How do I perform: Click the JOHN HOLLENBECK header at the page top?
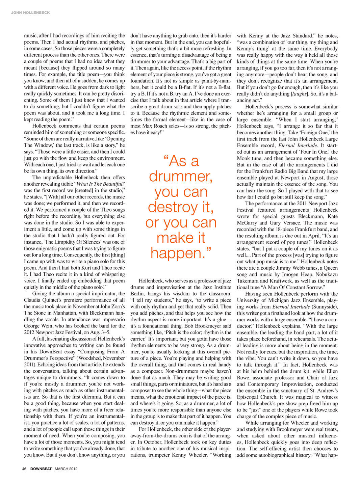[x=30, y=13]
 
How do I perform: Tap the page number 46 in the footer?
[x=24, y=469]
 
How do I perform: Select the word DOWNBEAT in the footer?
[x=41, y=469]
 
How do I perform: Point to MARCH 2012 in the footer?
[x=66, y=469]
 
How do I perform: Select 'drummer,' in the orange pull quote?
[x=181, y=176]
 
